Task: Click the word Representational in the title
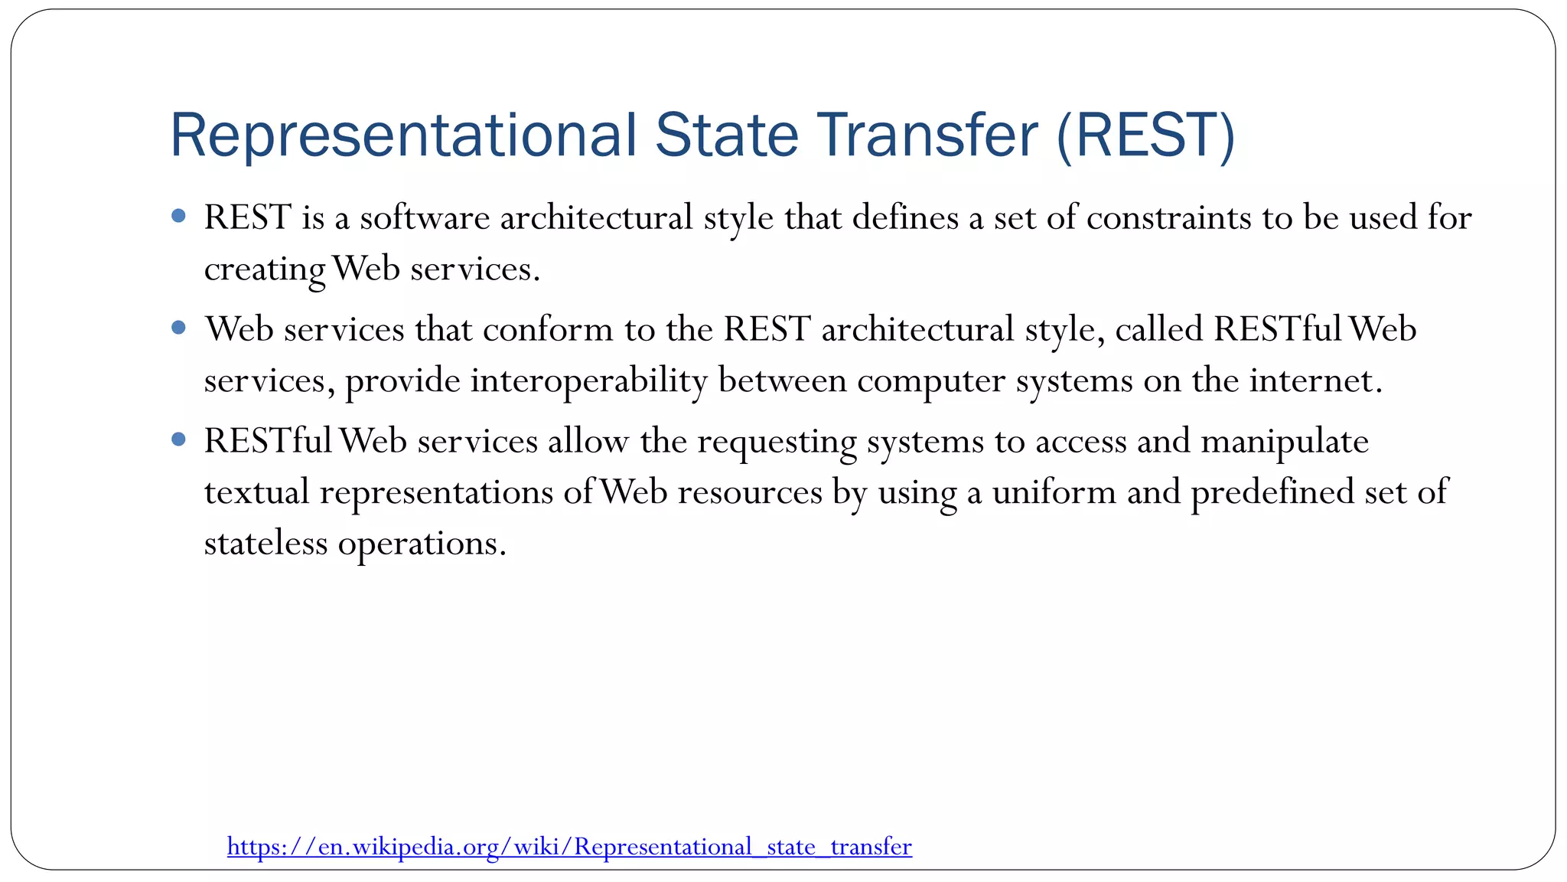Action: pyautogui.click(x=402, y=136)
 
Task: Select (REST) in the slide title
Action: pyautogui.click(x=1145, y=136)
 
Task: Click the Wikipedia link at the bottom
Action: pyautogui.click(x=569, y=847)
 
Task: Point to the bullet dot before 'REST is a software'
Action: pyautogui.click(x=179, y=217)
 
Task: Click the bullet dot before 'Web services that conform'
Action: pyautogui.click(x=179, y=328)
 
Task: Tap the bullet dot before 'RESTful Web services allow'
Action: pyautogui.click(x=179, y=440)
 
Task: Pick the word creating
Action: pyautogui.click(x=265, y=269)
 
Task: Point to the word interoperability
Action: pyautogui.click(x=588, y=381)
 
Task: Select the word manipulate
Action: pyautogui.click(x=1285, y=442)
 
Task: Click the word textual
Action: pyautogui.click(x=256, y=492)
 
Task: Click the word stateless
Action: pyautogui.click(x=266, y=544)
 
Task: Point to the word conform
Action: pyautogui.click(x=548, y=330)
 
